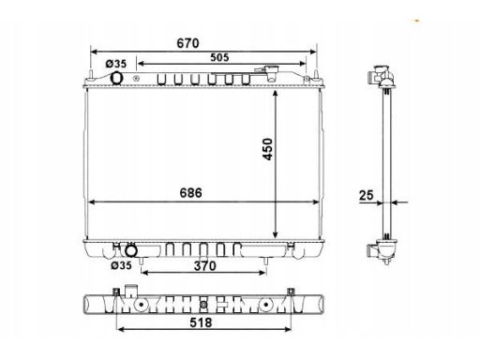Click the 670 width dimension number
[187, 43]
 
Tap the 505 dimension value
[219, 57]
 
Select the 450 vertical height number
[268, 149]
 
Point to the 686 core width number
[190, 193]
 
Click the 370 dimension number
[205, 266]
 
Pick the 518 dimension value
[201, 322]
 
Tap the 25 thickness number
[367, 195]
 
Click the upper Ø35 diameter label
[116, 64]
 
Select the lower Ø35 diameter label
[122, 265]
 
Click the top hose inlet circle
[116, 78]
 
